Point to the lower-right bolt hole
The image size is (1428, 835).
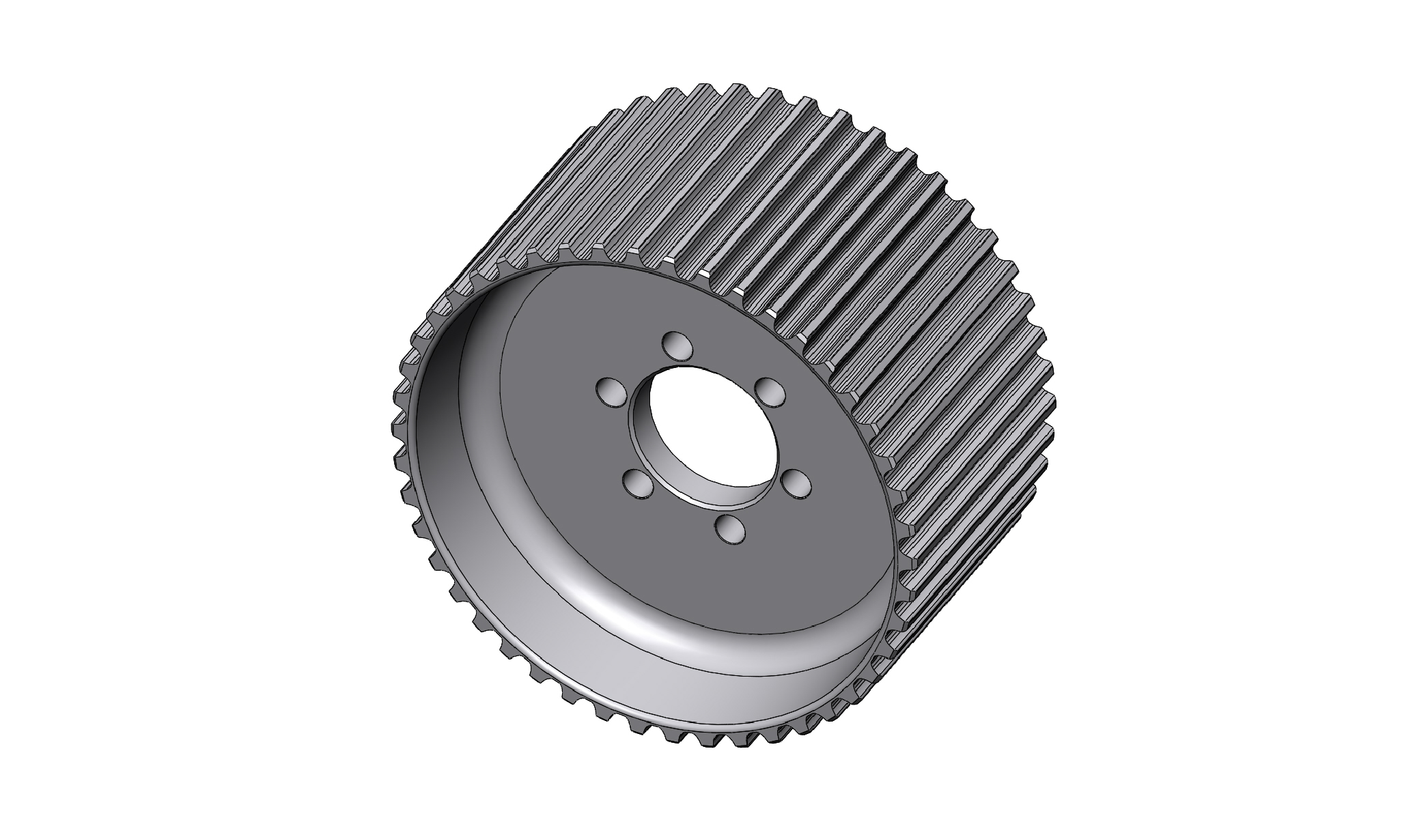tap(795, 483)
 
